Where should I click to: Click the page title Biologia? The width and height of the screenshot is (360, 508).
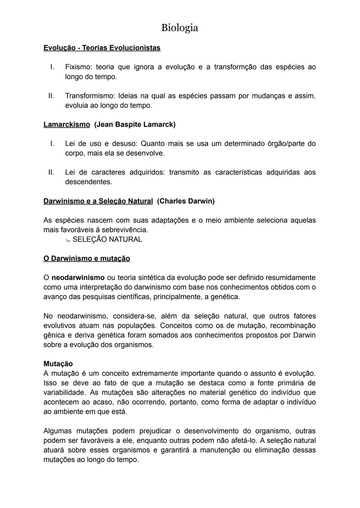[179, 28]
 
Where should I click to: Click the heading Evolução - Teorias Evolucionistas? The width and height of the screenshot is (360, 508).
[102, 48]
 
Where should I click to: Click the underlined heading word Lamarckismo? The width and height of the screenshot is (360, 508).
[67, 125]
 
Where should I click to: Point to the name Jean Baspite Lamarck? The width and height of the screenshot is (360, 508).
[135, 125]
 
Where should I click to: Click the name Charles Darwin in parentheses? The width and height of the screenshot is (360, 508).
[186, 201]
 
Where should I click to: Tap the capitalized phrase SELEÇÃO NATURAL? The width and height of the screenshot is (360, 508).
[107, 240]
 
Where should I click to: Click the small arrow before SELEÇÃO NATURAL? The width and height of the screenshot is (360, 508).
[68, 240]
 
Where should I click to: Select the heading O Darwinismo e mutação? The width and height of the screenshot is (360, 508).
[87, 258]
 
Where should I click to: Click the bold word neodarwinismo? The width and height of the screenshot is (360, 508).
[78, 277]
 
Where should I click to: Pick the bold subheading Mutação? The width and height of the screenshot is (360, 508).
[58, 364]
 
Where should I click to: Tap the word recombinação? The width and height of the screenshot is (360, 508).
[292, 325]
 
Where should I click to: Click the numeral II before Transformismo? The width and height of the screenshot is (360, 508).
[51, 96]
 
